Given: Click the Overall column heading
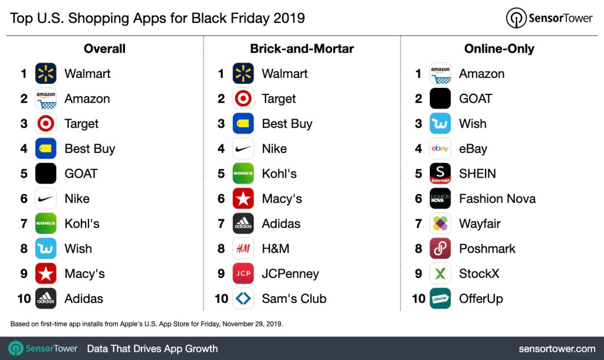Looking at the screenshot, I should (104, 48).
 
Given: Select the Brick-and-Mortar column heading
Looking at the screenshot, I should (301, 48).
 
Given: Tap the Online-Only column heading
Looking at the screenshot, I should (499, 48).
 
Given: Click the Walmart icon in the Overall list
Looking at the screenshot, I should (45, 74).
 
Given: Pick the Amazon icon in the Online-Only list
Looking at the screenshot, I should (440, 74).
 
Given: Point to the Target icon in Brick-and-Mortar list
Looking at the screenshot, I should (243, 99).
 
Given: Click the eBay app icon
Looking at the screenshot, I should (440, 149).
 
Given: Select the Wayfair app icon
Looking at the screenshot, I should (440, 224).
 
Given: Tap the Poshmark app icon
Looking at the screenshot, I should (440, 248).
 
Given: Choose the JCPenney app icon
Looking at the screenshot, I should (243, 274).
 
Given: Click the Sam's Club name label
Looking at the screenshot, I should (294, 299).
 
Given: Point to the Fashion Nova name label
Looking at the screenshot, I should (497, 199).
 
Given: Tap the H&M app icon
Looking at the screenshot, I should (243, 248).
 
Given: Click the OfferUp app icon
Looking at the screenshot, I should (440, 299).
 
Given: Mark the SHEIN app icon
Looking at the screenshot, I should (440, 174).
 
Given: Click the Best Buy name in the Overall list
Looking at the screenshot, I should (90, 149).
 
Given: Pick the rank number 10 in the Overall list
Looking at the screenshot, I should (24, 299).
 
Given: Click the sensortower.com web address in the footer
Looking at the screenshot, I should (557, 349).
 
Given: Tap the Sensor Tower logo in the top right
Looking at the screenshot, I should (549, 18).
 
